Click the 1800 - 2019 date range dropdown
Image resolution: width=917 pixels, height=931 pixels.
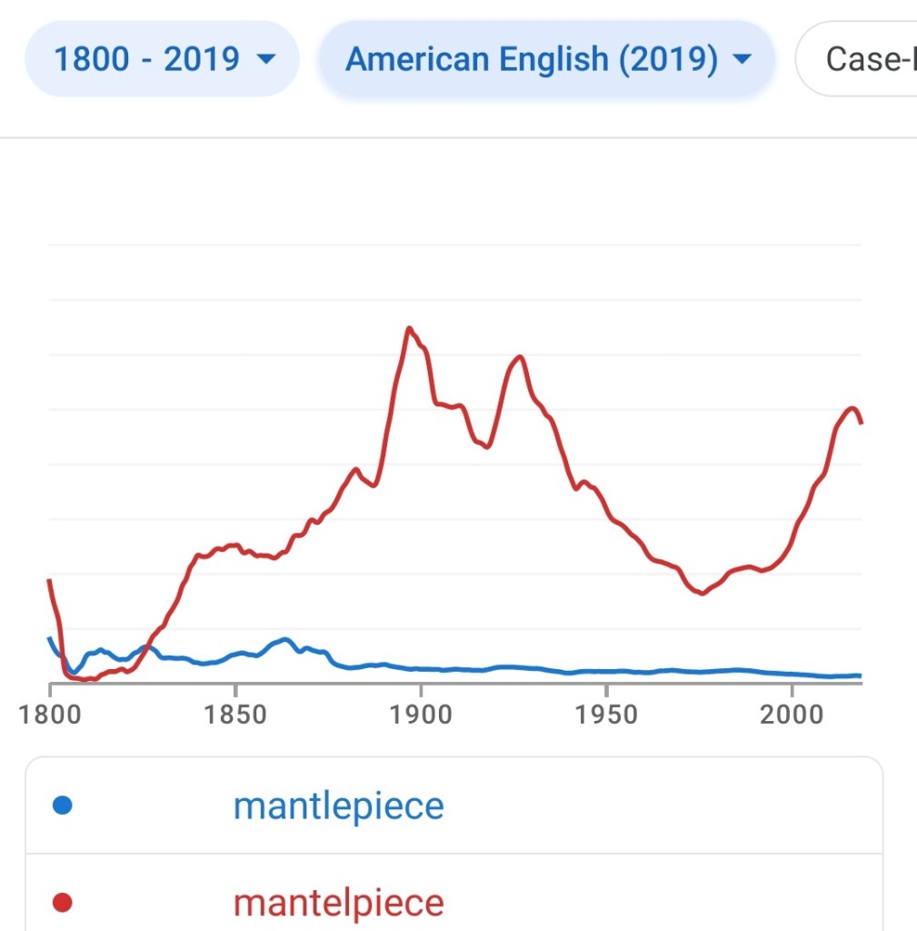162,59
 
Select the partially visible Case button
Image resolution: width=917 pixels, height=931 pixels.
863,59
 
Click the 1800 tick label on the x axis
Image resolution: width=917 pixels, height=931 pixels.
49,714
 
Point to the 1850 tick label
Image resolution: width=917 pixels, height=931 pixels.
234,714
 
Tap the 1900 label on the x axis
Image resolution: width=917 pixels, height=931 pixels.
420,714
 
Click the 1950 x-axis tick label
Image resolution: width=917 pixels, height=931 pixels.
605,714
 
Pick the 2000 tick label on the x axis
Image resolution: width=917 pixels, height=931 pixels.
791,714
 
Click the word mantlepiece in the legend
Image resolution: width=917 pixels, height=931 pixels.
338,806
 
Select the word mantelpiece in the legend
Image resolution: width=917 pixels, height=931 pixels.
338,903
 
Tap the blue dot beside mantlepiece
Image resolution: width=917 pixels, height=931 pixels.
63,806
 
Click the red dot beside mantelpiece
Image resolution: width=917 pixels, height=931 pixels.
63,903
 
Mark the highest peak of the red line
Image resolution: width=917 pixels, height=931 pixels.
410,328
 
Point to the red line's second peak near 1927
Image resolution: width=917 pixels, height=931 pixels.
520,356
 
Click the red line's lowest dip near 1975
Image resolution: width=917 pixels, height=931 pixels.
701,594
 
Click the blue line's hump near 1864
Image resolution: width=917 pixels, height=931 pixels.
285,639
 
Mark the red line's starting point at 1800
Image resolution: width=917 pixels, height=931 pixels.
49,580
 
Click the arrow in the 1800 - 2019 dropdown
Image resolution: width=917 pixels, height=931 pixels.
266,60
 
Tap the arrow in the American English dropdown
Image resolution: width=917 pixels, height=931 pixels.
742,60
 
